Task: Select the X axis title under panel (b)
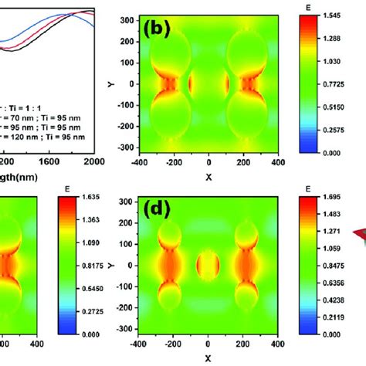(208, 177)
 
